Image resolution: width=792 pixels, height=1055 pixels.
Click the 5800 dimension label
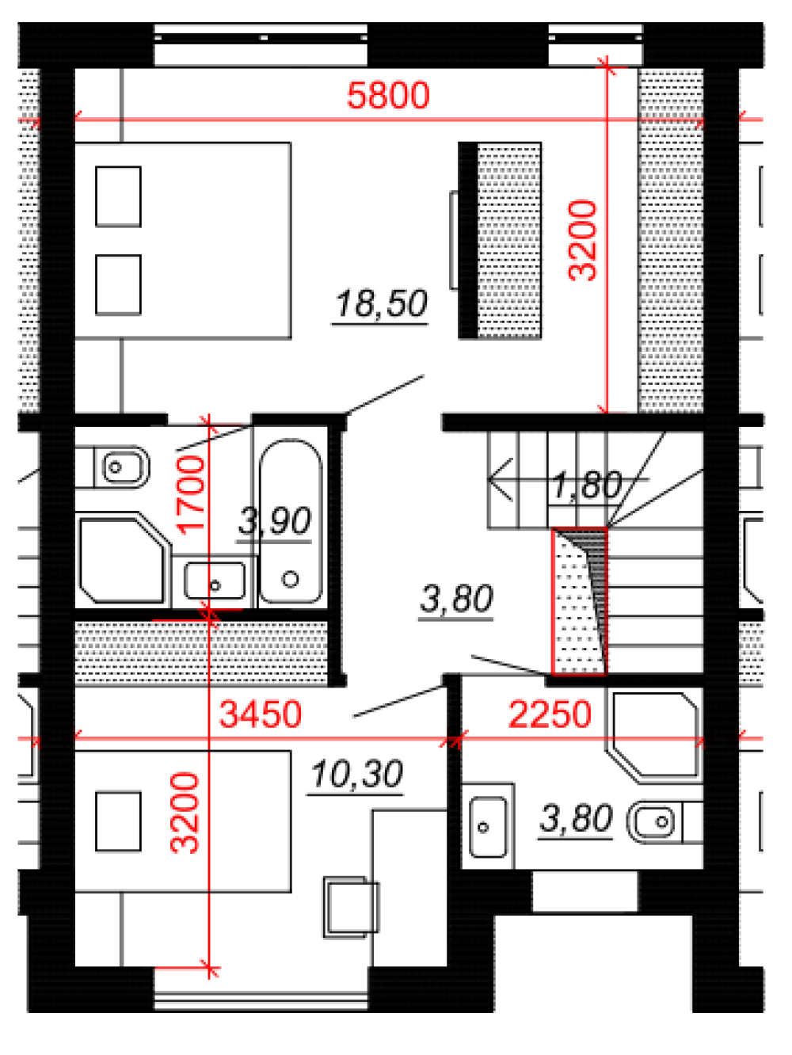click(388, 95)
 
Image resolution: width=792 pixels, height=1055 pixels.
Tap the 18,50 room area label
click(381, 304)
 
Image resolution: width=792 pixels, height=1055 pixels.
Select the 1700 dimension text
click(191, 495)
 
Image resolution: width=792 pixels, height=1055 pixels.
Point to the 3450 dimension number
click(260, 714)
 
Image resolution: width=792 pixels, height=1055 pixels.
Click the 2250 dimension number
click(550, 714)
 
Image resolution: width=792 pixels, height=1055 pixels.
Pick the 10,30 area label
click(356, 775)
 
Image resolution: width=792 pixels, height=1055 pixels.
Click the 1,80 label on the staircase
click(587, 485)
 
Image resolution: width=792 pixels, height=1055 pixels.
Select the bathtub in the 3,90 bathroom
click(291, 520)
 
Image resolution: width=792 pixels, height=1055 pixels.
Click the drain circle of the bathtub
click(291, 579)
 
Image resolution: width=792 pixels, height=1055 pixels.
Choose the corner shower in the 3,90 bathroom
click(123, 558)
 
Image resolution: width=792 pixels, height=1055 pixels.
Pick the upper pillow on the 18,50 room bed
click(118, 196)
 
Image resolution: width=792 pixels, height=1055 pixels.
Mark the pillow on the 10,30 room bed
click(118, 821)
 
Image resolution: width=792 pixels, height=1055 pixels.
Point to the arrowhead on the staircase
click(500, 479)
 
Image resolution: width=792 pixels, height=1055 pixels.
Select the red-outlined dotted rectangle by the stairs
click(579, 601)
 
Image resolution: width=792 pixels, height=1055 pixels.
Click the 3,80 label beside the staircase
click(456, 599)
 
